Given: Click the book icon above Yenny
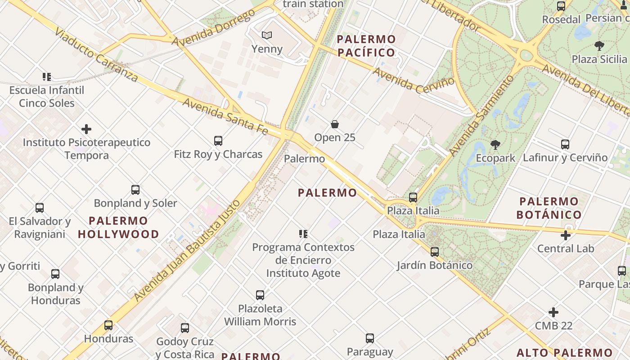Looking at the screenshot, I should coord(267,35).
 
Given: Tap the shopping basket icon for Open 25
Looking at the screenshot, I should coord(335,124).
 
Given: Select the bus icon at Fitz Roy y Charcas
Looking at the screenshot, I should coord(218,141).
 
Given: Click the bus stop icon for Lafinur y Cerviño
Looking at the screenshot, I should coord(565,144).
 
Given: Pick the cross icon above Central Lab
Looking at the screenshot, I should coord(566,235).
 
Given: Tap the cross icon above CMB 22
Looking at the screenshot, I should coord(553,312).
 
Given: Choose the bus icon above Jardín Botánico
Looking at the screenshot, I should coord(435,252).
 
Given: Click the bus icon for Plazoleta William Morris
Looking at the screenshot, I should coord(260,295).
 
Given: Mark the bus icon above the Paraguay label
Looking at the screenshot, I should coord(370,338).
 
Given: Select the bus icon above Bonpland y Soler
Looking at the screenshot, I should coord(135,190).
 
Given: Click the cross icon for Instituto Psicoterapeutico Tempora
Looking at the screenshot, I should coord(86,130).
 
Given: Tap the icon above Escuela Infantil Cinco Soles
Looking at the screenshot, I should coord(47,77).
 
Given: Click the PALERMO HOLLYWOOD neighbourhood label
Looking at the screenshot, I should coord(118,227).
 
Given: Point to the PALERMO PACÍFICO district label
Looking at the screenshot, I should coord(366,46).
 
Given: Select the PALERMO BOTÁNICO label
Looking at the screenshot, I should coord(549,208).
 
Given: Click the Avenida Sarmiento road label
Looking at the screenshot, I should coord(481,116).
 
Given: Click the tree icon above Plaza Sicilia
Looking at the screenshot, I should coord(599,45).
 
